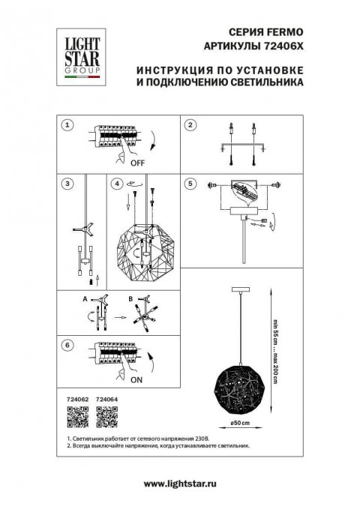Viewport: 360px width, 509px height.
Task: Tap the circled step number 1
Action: (x=68, y=125)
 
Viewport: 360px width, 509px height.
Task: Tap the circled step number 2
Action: (x=191, y=125)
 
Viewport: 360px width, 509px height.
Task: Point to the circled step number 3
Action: (x=68, y=183)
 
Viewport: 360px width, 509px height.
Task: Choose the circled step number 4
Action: (x=116, y=183)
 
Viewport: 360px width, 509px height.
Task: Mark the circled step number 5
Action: (x=191, y=183)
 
